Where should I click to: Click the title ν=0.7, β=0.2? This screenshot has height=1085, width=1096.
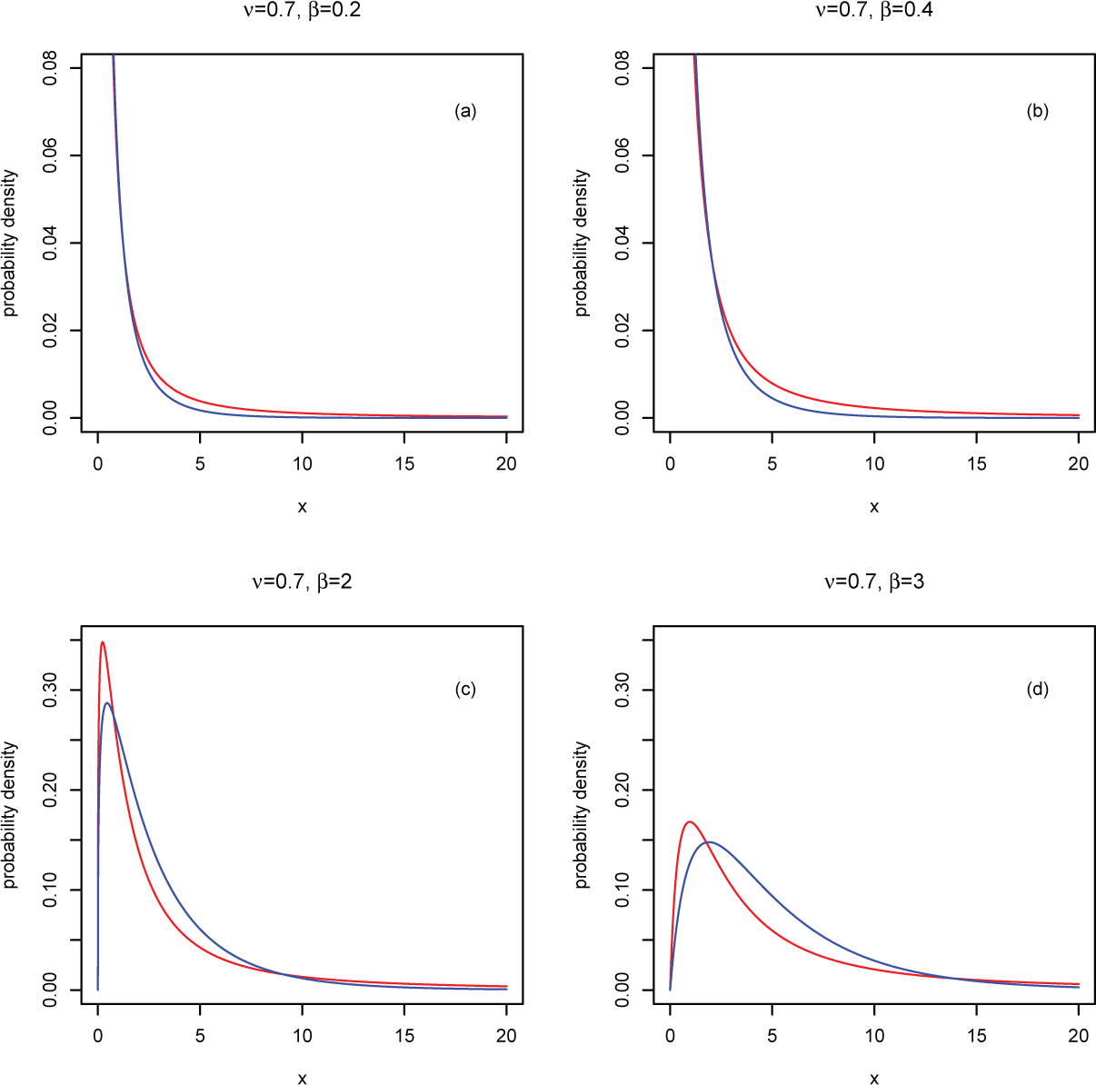pos(302,11)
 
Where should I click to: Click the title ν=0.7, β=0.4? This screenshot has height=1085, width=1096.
pos(874,11)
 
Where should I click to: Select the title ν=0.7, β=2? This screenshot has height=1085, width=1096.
pos(302,582)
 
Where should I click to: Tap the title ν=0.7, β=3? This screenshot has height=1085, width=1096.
pos(874,582)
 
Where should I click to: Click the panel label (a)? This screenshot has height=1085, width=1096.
pos(465,112)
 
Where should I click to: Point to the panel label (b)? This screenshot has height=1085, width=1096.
pos(1037,112)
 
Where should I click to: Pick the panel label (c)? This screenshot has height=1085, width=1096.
pos(465,689)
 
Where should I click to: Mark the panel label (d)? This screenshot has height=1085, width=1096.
pos(1037,689)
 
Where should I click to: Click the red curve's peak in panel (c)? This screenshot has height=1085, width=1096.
pos(103,642)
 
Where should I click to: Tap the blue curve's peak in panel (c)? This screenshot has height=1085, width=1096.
pos(107,702)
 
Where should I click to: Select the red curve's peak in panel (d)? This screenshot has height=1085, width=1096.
pos(690,821)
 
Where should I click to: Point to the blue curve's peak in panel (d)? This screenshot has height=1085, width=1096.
pos(710,841)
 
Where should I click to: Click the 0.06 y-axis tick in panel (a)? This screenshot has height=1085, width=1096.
pos(51,155)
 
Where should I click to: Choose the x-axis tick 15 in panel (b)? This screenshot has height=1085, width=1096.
pos(976,463)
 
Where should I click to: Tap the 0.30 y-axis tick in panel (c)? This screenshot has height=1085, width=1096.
pos(51,690)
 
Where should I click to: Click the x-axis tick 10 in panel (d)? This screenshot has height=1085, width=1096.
pos(874,1035)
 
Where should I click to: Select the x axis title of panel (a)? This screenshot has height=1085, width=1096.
pos(302,507)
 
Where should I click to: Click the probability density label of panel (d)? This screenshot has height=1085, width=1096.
pos(583,814)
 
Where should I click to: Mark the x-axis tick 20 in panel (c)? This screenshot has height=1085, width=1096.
pos(506,1035)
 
